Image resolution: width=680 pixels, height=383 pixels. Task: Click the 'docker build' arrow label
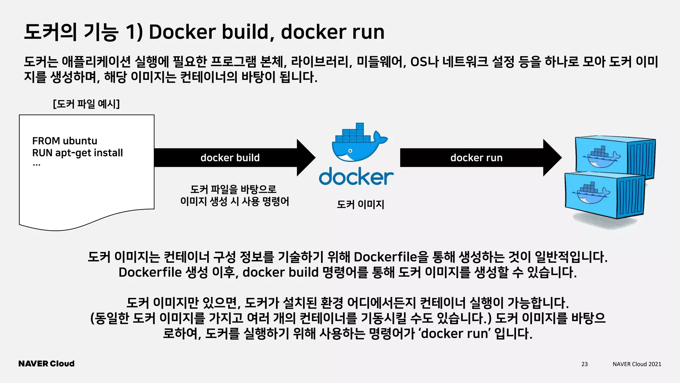[230, 158]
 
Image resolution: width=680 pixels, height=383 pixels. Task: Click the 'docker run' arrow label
[476, 158]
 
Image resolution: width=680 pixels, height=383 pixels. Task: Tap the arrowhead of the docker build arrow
[305, 158]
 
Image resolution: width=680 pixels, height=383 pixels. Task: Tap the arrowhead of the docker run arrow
[552, 158]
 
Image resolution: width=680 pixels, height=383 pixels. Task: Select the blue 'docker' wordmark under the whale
[356, 177]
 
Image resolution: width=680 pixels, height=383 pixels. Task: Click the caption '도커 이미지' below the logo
[360, 204]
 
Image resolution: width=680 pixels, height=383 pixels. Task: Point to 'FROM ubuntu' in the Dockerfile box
[65, 141]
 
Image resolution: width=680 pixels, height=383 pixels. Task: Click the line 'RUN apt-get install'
[77, 153]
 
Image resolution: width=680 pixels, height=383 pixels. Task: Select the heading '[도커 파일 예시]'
[86, 104]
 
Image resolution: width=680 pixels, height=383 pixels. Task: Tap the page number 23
[584, 364]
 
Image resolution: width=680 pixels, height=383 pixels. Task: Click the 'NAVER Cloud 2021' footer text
[637, 364]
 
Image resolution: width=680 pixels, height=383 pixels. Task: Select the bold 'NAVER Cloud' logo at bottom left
[46, 364]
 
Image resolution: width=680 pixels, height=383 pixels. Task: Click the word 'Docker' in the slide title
[182, 32]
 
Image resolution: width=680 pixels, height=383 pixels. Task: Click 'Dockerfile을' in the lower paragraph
[391, 257]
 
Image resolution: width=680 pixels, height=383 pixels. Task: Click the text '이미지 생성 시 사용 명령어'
[234, 201]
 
